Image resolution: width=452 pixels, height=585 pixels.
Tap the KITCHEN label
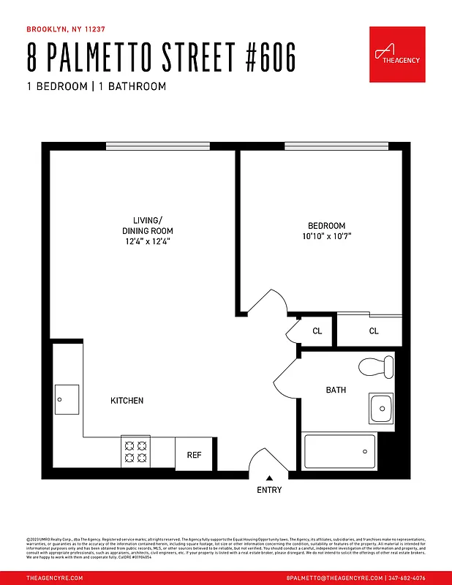(127, 401)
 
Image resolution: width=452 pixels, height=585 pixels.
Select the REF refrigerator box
(194, 454)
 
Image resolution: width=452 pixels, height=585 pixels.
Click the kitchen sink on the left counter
(67, 399)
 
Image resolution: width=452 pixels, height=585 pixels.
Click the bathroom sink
(381, 408)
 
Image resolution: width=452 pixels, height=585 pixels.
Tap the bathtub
(339, 450)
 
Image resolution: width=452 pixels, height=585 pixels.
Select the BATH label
(336, 390)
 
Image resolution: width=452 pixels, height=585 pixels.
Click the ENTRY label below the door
(268, 490)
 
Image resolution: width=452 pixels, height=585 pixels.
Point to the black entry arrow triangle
(268, 478)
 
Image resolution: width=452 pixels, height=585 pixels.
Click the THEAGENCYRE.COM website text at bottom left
(54, 578)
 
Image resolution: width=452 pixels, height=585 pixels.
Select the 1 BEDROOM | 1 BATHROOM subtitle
(97, 86)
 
